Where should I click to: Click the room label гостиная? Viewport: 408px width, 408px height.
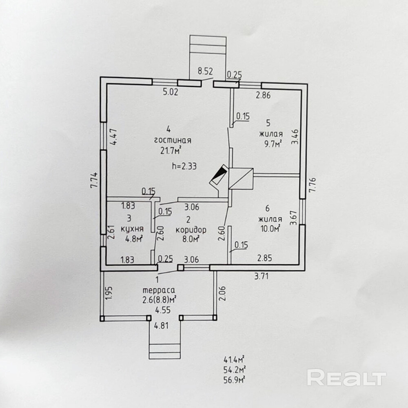click(173, 141)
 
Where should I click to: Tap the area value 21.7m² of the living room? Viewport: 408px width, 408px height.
click(171, 151)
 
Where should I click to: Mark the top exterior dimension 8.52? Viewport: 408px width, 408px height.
click(206, 71)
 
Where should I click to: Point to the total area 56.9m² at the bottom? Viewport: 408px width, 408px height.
click(234, 380)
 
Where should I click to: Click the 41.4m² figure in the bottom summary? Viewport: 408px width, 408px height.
click(234, 359)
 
